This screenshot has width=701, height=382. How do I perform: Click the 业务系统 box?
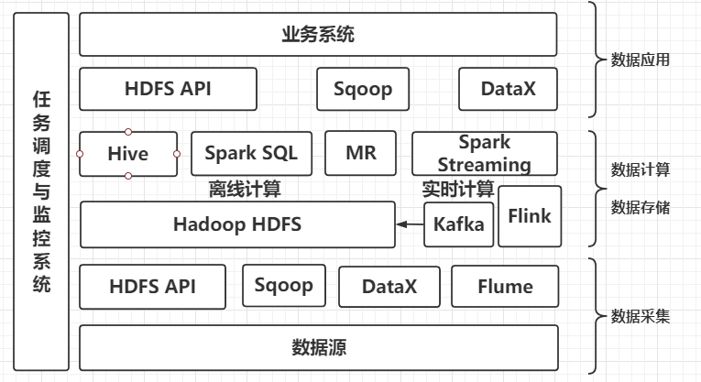click(318, 35)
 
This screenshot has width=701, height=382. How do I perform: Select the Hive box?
click(127, 153)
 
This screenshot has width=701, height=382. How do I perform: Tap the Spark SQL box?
click(250, 153)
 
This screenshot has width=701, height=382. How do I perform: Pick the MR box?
click(360, 153)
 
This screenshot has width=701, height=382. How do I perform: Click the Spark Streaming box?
click(484, 153)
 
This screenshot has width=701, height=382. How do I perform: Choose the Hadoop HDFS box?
click(237, 224)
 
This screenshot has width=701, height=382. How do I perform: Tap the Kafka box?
click(458, 224)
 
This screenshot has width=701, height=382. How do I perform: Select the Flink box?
click(530, 215)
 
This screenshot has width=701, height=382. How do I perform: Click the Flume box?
click(505, 286)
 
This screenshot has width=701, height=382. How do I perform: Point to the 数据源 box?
click(318, 347)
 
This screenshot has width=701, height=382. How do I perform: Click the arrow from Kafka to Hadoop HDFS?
click(410, 224)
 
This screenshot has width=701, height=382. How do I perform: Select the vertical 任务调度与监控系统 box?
click(41, 191)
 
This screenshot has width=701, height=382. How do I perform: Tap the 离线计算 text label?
click(245, 190)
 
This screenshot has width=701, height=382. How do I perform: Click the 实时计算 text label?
click(457, 190)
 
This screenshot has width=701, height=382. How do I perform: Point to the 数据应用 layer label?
click(641, 60)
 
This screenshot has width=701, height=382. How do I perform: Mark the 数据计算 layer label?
click(641, 169)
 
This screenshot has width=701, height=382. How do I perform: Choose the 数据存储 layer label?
click(641, 207)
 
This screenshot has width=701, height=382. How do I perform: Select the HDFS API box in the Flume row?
click(152, 286)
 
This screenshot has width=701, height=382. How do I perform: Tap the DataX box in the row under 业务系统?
click(508, 89)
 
